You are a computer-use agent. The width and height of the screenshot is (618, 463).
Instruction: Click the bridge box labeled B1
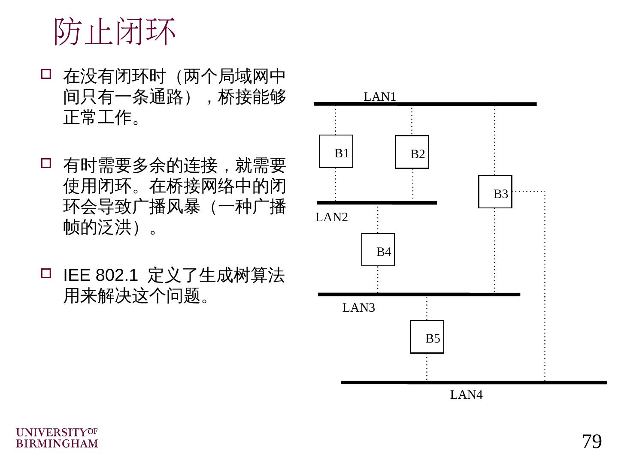pyautogui.click(x=336, y=151)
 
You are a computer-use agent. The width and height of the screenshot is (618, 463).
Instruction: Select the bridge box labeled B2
pyautogui.click(x=412, y=152)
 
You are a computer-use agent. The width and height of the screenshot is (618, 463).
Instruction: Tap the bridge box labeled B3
pyautogui.click(x=495, y=192)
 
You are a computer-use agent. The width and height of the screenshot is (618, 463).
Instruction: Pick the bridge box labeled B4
pyautogui.click(x=378, y=250)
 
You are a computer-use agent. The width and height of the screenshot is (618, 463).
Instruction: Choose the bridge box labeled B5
pyautogui.click(x=427, y=337)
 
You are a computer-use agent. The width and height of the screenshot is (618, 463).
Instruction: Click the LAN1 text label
pyautogui.click(x=380, y=97)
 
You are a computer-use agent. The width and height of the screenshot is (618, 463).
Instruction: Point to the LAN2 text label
pyautogui.click(x=332, y=217)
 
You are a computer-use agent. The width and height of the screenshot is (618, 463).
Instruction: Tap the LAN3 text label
pyautogui.click(x=359, y=307)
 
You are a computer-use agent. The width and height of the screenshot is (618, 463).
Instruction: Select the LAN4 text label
pyautogui.click(x=466, y=395)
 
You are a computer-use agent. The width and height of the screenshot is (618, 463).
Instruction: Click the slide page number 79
pyautogui.click(x=592, y=441)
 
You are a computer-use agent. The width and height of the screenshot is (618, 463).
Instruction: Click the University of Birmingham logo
pyautogui.click(x=57, y=438)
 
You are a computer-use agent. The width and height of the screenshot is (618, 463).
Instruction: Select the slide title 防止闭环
pyautogui.click(x=115, y=32)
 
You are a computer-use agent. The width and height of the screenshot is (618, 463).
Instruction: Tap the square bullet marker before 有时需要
pyautogui.click(x=46, y=163)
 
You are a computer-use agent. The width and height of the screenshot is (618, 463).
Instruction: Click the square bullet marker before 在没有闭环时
pyautogui.click(x=46, y=74)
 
